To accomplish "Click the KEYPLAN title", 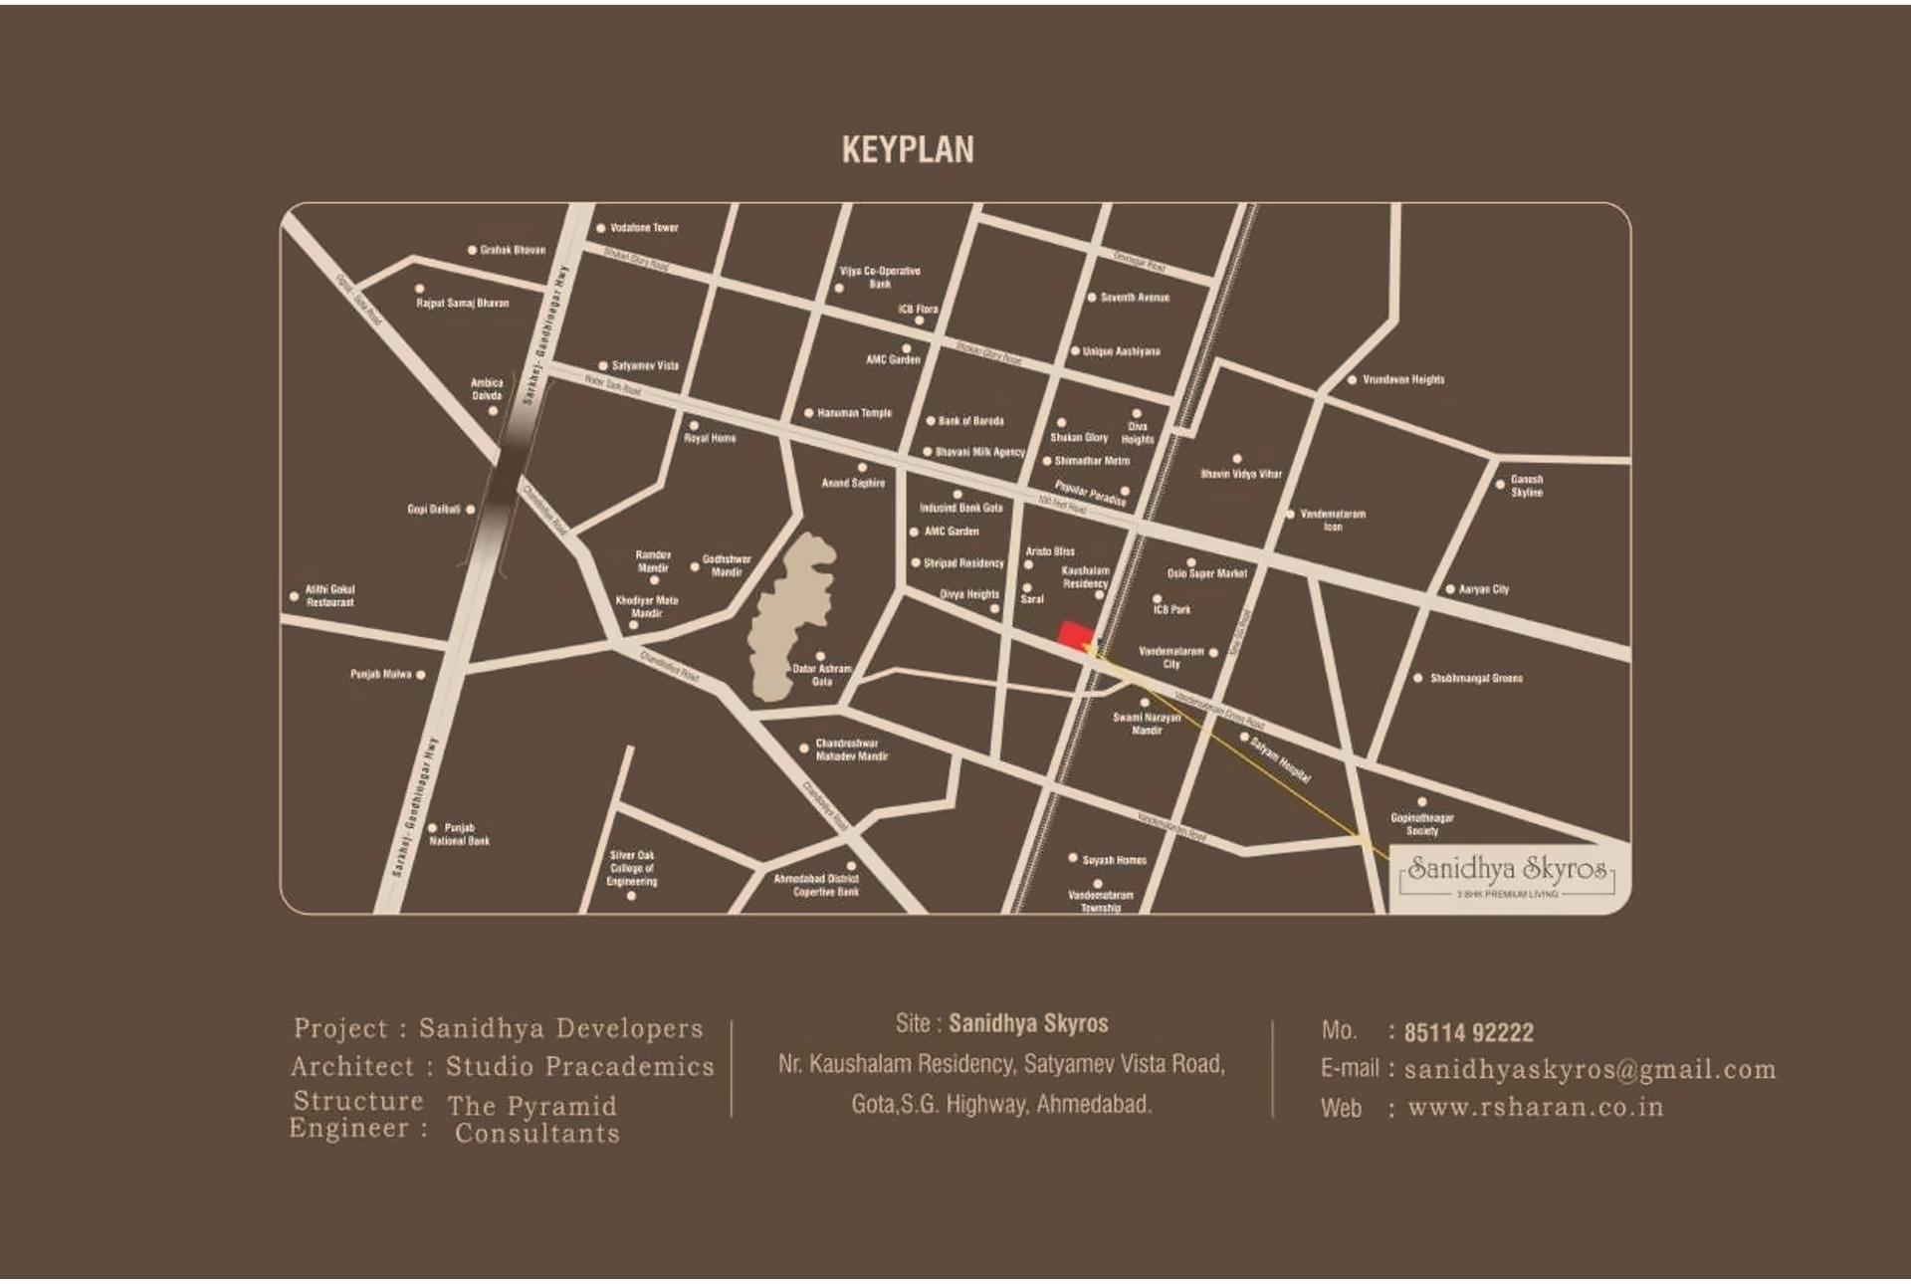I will pos(908,150).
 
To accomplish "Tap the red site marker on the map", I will pos(1074,634).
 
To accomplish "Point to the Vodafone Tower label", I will pos(644,228).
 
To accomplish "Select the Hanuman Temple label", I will pos(854,413).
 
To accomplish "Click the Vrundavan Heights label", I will pos(1402,379).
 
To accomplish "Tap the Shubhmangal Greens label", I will pos(1476,679).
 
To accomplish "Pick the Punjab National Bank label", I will pos(459,834).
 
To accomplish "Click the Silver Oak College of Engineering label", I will pos(632,868).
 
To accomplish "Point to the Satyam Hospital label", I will pos(1281,759).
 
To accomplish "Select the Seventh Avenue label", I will pos(1135,298).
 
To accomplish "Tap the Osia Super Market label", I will pos(1206,573).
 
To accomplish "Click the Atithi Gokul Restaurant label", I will pos(329,595).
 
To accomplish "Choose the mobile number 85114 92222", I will pos(1468,1033).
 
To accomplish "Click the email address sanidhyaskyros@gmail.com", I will pos(1590,1070).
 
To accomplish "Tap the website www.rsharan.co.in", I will pos(1535,1108).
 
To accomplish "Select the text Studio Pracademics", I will pos(579,1067).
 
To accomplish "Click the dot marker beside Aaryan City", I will pos(1450,589).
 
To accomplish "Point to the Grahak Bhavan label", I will pos(513,250).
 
